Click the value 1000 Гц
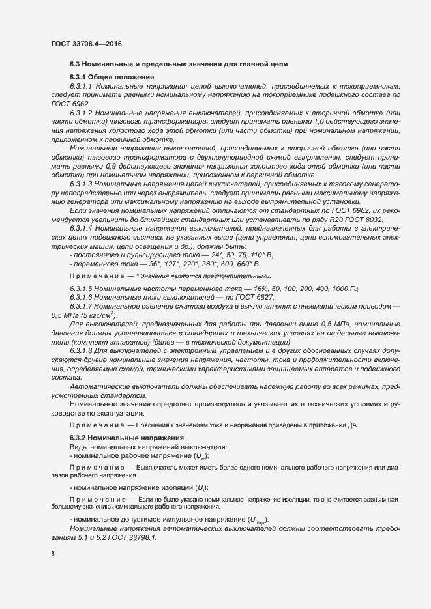click(342, 289)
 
